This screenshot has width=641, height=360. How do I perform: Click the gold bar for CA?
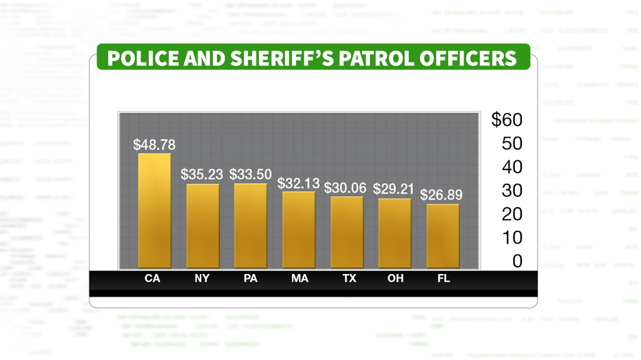(154, 210)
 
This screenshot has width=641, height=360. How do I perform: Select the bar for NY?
(202, 226)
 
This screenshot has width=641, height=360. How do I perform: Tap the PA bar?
(251, 225)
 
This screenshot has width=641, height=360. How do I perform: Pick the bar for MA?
(299, 229)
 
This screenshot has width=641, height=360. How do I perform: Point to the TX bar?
(346, 232)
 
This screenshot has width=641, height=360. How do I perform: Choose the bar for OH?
(395, 233)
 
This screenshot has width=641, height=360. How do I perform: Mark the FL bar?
(443, 235)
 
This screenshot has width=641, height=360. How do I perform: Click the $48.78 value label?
(154, 145)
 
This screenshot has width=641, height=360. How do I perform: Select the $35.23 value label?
(202, 174)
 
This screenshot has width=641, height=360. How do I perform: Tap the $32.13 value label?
(299, 183)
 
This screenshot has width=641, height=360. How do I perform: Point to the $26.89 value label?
(441, 195)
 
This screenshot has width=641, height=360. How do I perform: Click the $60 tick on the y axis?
(507, 120)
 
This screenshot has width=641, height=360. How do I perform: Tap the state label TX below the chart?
(350, 279)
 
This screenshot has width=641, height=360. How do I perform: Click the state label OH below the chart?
(395, 279)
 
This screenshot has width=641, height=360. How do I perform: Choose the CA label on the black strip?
(154, 279)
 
